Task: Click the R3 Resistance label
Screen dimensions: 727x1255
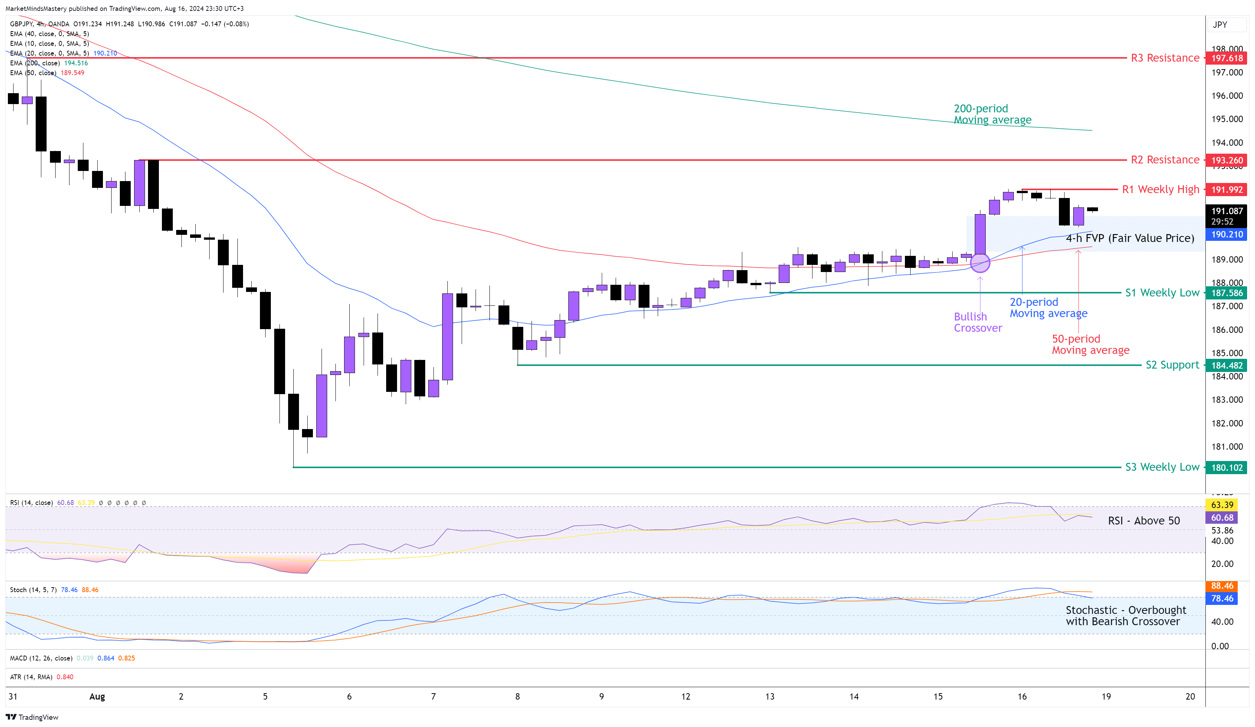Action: point(1164,58)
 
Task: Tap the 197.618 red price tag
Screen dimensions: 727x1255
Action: point(1226,58)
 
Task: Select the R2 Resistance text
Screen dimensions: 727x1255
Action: point(1164,160)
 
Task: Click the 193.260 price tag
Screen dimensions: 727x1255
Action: point(1226,160)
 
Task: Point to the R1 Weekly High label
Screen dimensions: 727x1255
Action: point(1160,190)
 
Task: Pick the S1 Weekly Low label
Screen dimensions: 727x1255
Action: point(1162,293)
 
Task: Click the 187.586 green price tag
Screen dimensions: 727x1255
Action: point(1226,293)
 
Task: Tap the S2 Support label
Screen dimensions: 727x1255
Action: point(1172,365)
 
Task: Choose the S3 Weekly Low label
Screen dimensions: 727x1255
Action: point(1162,467)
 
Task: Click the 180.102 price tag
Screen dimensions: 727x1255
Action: point(1226,467)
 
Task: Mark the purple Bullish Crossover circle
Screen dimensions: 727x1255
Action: point(980,263)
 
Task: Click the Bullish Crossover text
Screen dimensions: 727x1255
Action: point(977,322)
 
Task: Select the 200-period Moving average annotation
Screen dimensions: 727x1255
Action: point(992,114)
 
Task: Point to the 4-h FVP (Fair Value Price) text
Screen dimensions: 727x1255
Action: point(1130,239)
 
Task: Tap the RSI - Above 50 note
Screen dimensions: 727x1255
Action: point(1143,521)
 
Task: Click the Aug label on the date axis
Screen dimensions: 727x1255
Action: point(97,697)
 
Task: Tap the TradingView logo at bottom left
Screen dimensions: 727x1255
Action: point(32,717)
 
